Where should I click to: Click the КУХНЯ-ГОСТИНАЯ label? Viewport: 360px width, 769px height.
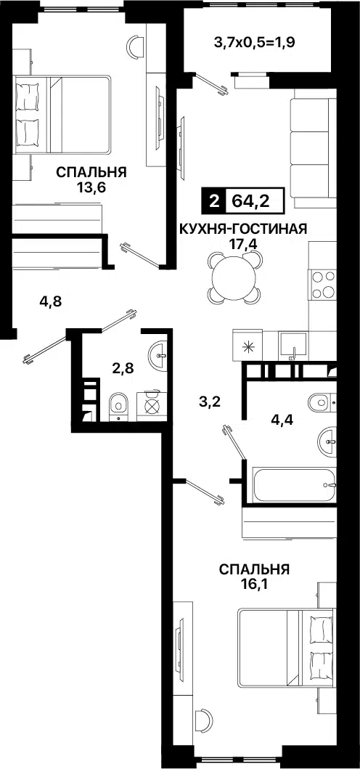coord(243,229)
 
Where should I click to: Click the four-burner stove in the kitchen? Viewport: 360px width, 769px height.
coord(322,284)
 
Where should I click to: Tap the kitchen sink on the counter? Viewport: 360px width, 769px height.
coord(292,344)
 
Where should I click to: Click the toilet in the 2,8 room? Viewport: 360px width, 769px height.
coord(118,406)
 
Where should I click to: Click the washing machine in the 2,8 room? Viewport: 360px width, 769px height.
coord(153,406)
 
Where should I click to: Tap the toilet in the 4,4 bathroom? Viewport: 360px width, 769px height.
coord(322,402)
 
